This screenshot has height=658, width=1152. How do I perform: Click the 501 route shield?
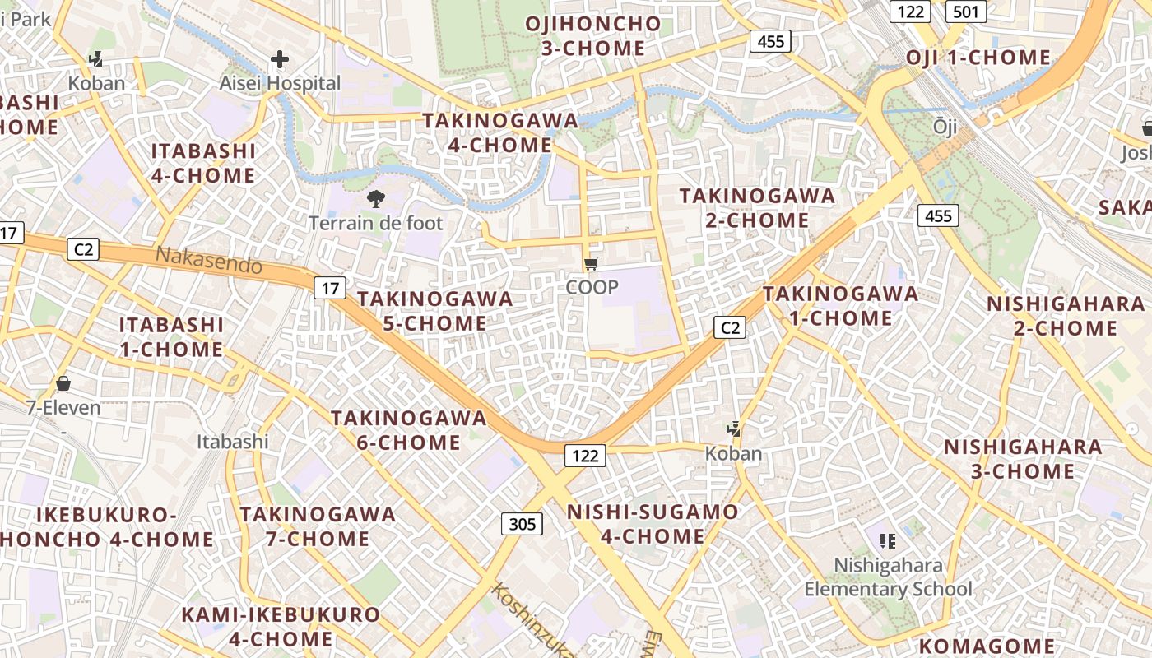(x=966, y=12)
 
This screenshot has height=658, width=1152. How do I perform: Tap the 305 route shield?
(x=522, y=524)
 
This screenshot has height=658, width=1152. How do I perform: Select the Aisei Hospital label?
(x=280, y=83)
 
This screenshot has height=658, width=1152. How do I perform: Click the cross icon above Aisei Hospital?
(x=280, y=59)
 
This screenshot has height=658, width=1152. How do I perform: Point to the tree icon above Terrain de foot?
(x=376, y=198)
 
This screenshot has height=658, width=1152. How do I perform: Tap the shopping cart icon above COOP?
(x=591, y=264)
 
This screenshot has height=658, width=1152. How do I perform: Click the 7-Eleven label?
(x=63, y=407)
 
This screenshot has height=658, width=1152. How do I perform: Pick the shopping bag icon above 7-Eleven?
(x=63, y=383)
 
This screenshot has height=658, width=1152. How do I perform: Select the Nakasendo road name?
(x=209, y=261)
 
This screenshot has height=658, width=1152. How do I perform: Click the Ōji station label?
(x=945, y=126)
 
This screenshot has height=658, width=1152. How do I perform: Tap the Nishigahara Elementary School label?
(x=888, y=577)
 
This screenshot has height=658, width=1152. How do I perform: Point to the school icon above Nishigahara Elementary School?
(x=887, y=540)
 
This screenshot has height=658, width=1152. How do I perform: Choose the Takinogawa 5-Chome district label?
(x=435, y=311)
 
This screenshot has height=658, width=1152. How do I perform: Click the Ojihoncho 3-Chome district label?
(x=593, y=36)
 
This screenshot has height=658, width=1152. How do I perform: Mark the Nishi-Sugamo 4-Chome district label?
(x=653, y=524)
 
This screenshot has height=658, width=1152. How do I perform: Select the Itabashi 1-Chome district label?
(x=171, y=336)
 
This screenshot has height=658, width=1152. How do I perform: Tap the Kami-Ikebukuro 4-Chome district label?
(x=281, y=627)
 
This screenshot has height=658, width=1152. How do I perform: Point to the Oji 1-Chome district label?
(x=978, y=58)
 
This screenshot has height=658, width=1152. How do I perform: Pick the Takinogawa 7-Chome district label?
(x=317, y=526)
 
